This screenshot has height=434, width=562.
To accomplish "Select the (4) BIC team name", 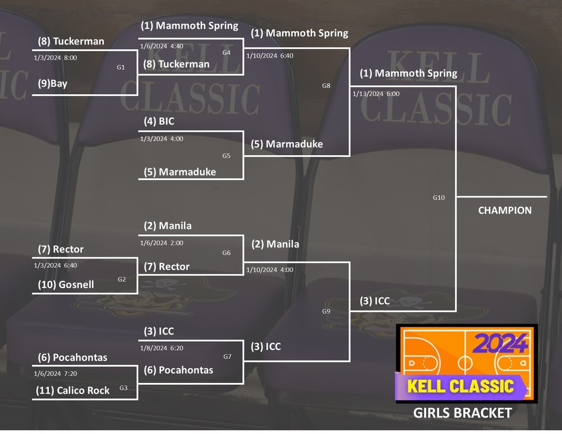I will click(159, 121).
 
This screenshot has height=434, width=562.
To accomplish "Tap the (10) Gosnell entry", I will click(66, 284).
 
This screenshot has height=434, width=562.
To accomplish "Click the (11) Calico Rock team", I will click(72, 391).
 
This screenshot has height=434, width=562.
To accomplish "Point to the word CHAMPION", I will click(505, 210).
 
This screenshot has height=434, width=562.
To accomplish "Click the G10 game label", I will click(439, 198).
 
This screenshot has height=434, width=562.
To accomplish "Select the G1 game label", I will click(121, 67).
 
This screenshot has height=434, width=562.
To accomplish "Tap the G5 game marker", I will click(226, 156).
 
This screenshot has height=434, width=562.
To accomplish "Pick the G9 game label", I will click(326, 312).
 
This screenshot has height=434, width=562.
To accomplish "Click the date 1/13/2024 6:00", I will click(376, 94).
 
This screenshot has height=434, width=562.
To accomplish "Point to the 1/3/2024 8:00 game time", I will click(55, 57).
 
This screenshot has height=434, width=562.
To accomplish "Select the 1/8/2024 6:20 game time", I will click(162, 348).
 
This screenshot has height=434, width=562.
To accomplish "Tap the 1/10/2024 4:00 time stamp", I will click(269, 270).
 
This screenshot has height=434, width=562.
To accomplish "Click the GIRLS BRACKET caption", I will click(462, 413).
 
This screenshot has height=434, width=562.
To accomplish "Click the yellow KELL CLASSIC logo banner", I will click(460, 386).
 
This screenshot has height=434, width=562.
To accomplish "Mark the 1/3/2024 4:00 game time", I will click(162, 139).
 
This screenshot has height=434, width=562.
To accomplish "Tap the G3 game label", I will click(123, 388).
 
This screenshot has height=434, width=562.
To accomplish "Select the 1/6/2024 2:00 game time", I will click(162, 243).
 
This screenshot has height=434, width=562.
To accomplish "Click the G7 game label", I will click(227, 357).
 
